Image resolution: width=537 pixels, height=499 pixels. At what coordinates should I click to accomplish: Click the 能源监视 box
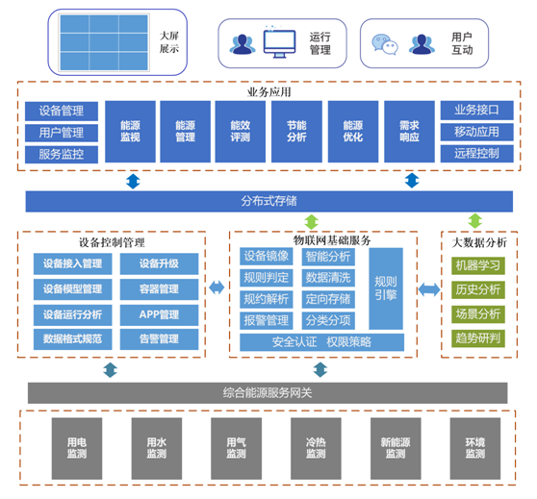[130, 132]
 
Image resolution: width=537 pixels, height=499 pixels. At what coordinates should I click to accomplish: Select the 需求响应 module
[409, 132]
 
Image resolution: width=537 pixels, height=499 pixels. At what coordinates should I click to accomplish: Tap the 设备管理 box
[62, 111]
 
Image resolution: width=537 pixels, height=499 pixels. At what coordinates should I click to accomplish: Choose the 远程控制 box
[476, 153]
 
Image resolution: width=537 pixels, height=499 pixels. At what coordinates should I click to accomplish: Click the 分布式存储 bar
[269, 201]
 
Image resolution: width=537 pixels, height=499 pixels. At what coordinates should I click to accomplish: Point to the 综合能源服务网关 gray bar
[268, 393]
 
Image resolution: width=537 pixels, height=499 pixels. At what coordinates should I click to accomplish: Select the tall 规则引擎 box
[386, 288]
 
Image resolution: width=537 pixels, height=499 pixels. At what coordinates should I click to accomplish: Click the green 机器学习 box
[478, 265]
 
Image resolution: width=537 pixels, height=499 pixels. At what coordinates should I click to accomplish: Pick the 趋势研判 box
[478, 338]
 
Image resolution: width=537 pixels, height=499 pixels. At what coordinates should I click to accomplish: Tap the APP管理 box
[159, 314]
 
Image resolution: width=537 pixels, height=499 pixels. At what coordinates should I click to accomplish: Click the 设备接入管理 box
[72, 263]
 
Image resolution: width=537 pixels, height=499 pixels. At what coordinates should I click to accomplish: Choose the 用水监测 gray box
[157, 448]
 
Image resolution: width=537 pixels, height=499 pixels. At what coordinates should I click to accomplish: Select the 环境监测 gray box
[475, 448]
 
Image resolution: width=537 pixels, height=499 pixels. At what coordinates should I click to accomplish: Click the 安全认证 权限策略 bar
[322, 342]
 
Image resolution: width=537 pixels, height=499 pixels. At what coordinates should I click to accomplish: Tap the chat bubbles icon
[385, 44]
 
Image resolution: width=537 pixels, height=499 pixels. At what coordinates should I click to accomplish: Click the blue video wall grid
[104, 42]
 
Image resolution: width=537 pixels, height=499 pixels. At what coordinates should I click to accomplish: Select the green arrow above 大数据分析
[475, 221]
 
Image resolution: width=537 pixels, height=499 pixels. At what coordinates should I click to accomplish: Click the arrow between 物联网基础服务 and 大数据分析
[429, 289]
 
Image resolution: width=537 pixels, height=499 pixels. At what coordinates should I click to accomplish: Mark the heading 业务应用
[269, 92]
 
